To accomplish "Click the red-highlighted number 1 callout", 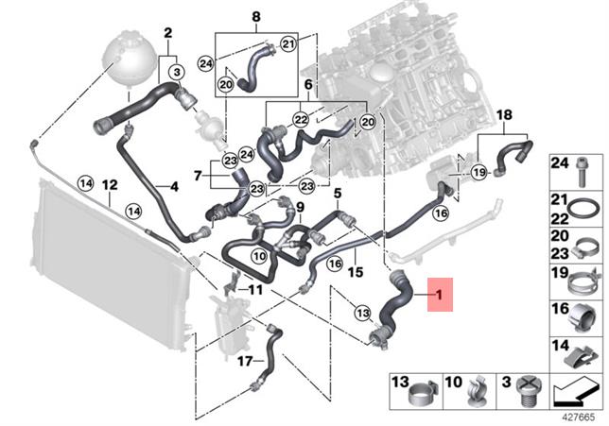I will (438, 296).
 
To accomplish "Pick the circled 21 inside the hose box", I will (288, 43).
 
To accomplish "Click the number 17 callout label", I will (243, 360).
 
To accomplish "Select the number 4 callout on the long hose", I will (174, 186).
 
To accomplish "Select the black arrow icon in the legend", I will (576, 388).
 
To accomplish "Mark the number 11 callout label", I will (255, 289).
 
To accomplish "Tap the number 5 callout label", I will (337, 193).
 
